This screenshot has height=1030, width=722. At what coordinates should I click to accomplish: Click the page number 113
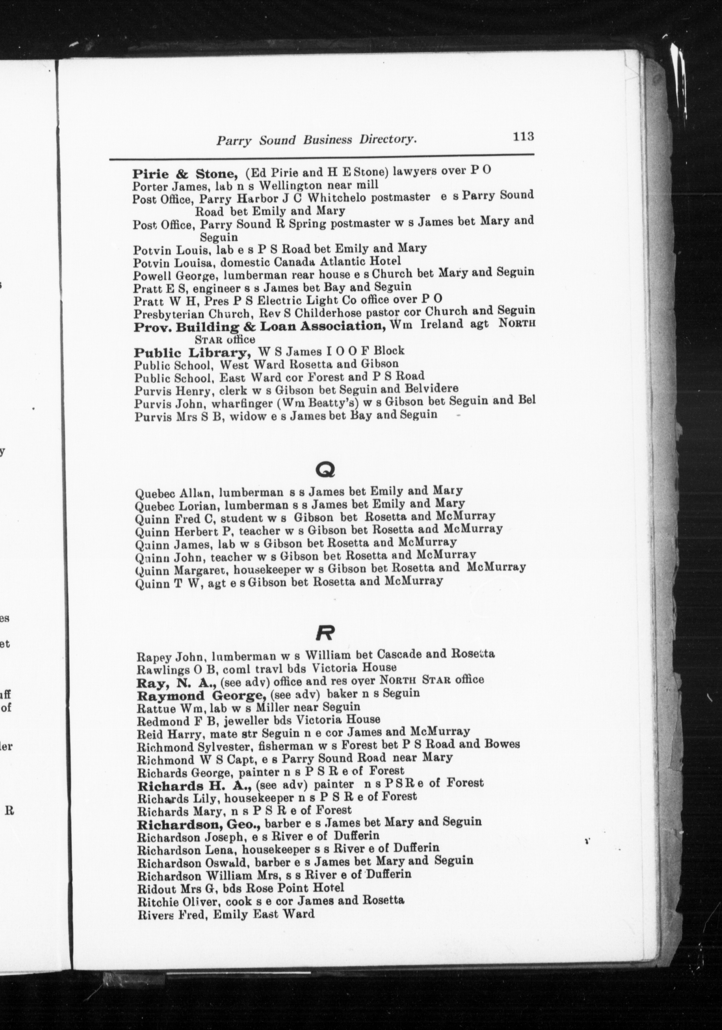tap(523, 136)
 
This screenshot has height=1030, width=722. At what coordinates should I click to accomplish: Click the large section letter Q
tap(326, 469)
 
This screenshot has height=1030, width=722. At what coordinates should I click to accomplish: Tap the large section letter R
tap(326, 633)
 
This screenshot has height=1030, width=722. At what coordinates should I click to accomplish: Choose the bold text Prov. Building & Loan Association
tap(260, 327)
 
